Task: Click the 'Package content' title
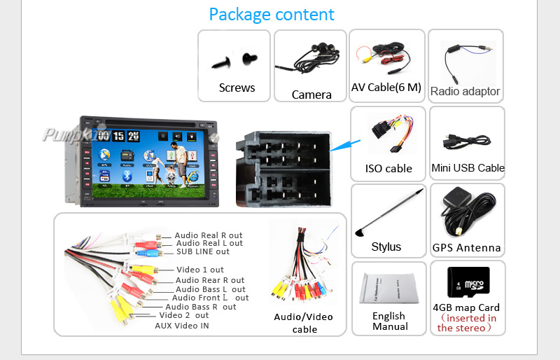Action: point(272,14)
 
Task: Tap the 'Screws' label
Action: point(237,88)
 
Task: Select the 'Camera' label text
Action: point(311,95)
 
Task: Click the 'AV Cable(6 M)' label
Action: point(386,88)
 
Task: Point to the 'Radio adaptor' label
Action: point(465,91)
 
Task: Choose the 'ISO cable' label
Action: point(388,168)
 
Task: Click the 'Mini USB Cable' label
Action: point(468,168)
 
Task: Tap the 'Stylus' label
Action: point(386,247)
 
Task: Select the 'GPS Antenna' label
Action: point(467,247)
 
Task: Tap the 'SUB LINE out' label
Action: point(203,251)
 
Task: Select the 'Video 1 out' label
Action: point(200,270)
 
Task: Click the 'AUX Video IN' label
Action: point(182,326)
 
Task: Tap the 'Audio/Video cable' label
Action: point(304,323)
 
